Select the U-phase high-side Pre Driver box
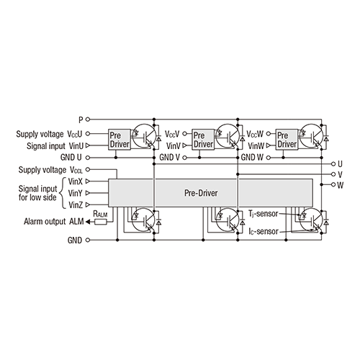click(x=118, y=140)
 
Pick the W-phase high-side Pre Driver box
click(x=286, y=140)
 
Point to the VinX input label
click(x=74, y=181)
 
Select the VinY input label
click(x=74, y=193)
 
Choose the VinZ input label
click(x=74, y=206)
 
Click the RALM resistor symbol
click(x=101, y=222)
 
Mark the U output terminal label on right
click(x=340, y=163)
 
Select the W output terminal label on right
click(x=340, y=185)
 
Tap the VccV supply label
click(x=172, y=134)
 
